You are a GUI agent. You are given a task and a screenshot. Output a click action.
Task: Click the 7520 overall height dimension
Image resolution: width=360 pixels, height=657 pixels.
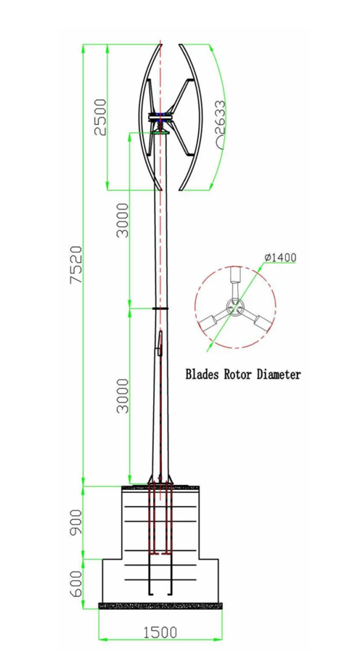(75, 266)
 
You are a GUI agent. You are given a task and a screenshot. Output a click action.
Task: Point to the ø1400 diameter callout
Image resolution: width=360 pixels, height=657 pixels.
(280, 258)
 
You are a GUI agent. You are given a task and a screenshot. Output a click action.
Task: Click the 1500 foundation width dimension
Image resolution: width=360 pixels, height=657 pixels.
(160, 632)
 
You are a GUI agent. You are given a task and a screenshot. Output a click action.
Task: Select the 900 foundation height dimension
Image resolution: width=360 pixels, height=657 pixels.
(75, 521)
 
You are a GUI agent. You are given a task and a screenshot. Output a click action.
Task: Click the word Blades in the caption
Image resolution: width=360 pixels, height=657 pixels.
(206, 375)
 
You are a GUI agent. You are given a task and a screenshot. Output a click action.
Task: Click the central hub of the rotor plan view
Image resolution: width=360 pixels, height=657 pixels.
(234, 308)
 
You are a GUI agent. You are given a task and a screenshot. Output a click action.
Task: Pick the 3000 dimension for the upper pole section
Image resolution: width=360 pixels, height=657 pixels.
(123, 219)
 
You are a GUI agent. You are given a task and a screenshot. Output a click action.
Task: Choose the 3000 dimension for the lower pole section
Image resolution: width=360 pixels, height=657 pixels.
(123, 395)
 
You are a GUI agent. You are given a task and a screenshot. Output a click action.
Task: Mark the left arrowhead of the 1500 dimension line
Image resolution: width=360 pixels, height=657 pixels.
(102, 639)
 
